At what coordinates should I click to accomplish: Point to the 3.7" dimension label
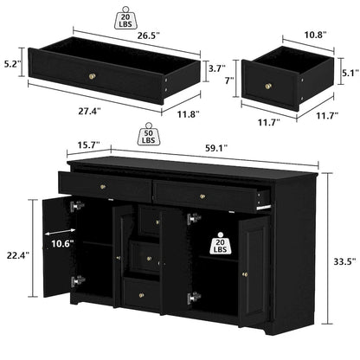pyautogui.click(x=195, y=67)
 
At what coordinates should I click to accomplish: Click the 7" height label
pyautogui.click(x=228, y=80)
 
